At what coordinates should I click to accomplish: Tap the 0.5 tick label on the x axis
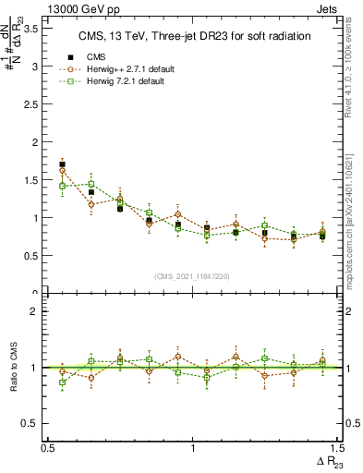[48, 447]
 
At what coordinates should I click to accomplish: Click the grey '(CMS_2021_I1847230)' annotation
[192, 276]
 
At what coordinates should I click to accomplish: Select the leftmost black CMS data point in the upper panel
[62, 164]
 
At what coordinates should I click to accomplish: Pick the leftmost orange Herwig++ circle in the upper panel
[62, 171]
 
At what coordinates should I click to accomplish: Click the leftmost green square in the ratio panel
[62, 382]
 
